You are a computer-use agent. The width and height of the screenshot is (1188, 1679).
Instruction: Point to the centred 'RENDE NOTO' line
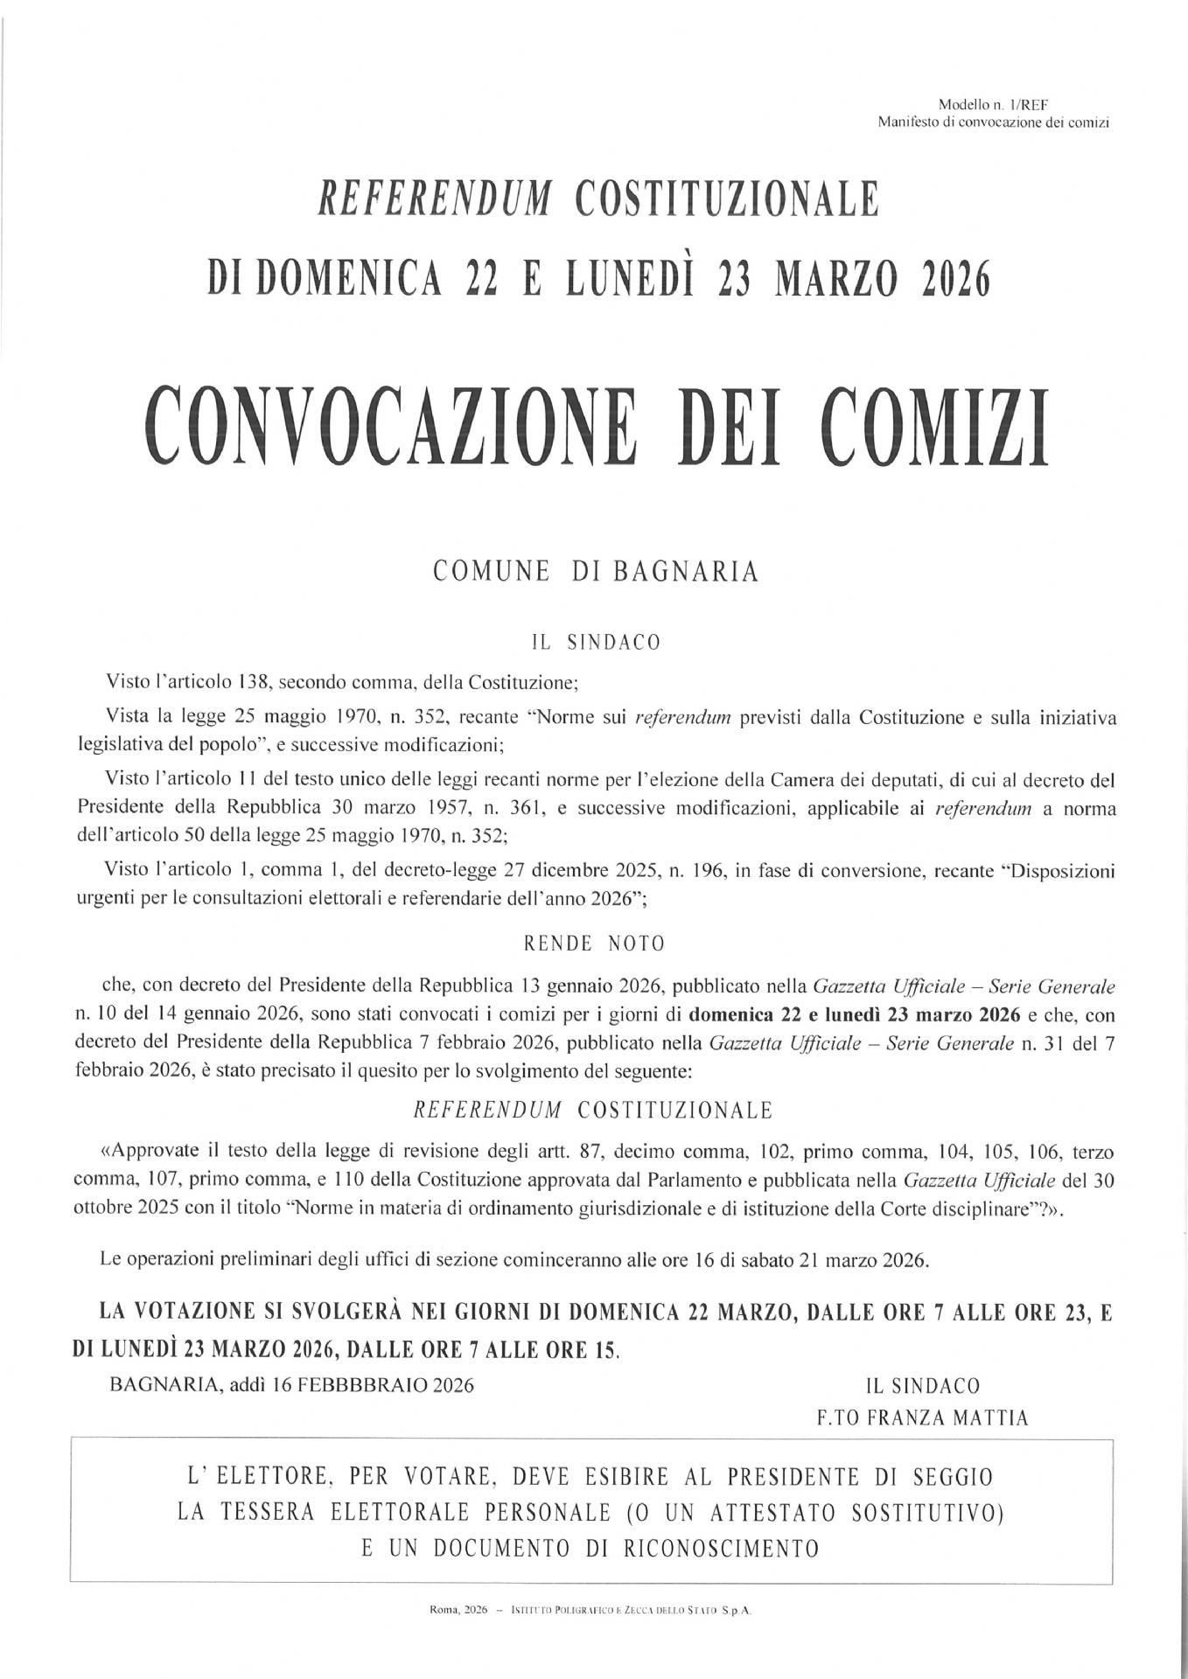point(594,944)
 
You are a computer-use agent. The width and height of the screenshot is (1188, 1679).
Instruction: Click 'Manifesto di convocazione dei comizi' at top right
point(994,122)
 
